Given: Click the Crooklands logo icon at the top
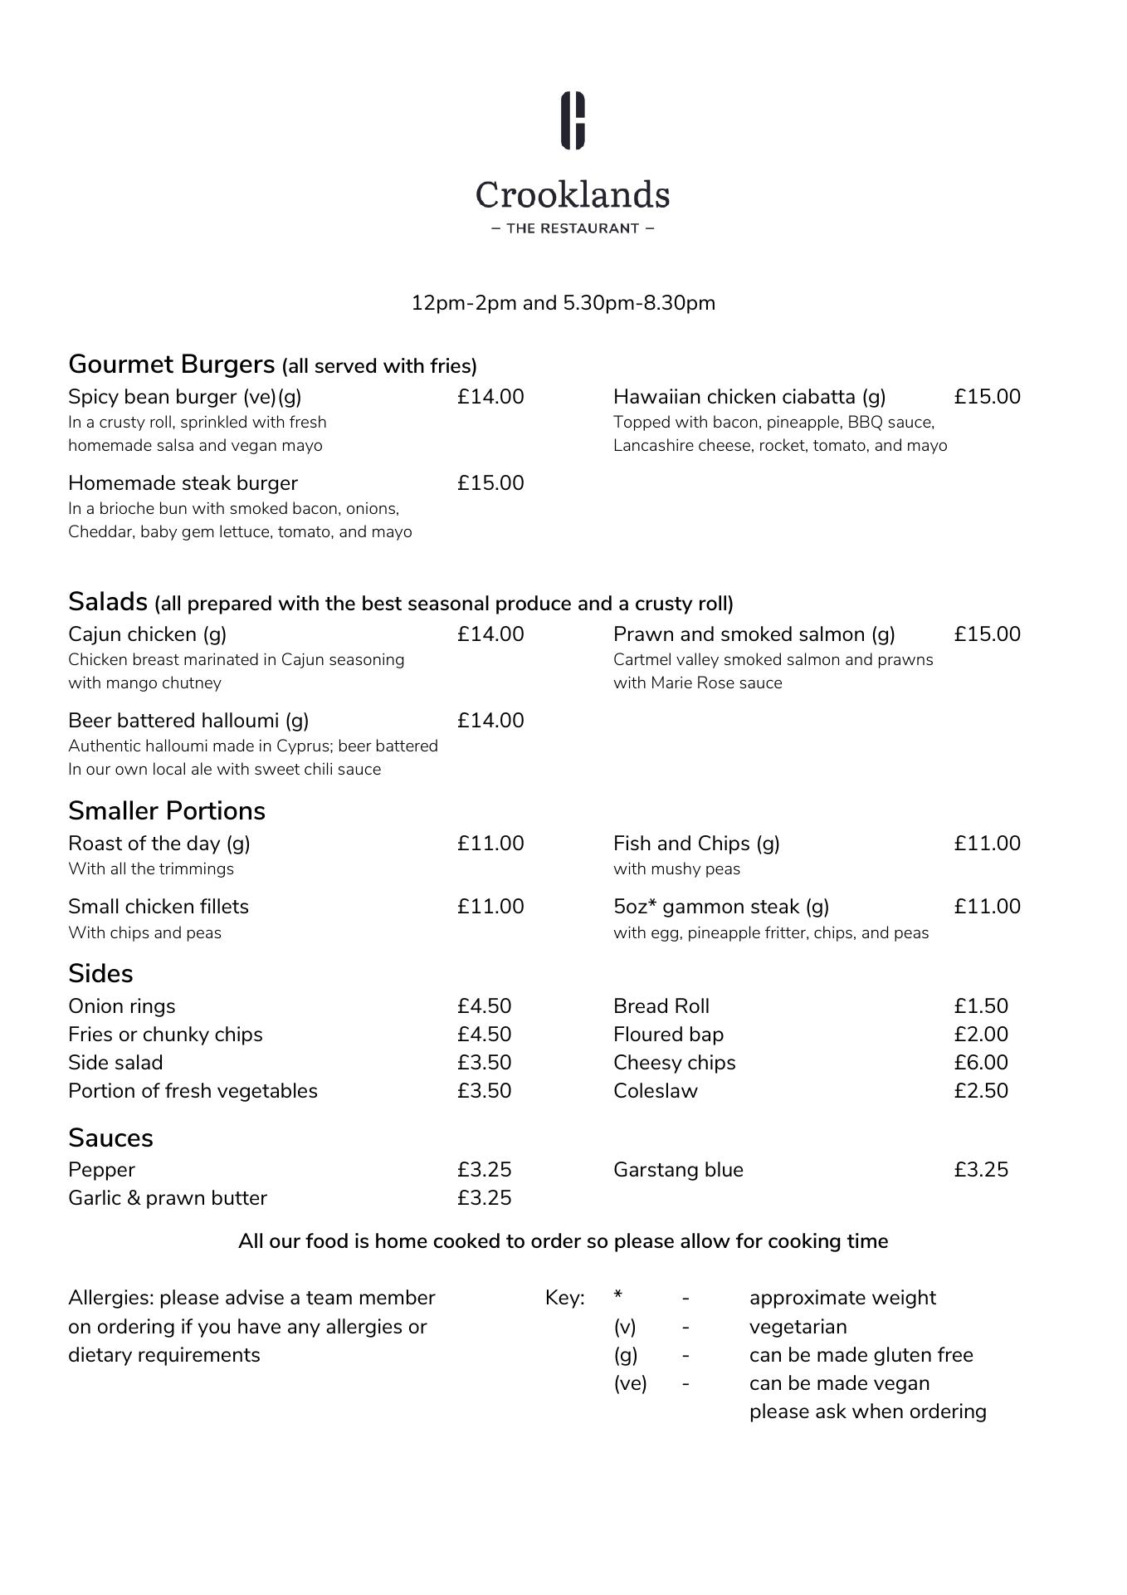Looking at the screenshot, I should point(573,121).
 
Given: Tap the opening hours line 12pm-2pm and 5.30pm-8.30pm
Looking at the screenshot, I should point(563,303).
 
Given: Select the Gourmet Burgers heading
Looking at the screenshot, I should point(171,365).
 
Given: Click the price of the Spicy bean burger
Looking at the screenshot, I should point(490,397).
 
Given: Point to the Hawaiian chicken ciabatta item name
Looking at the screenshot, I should point(749,397).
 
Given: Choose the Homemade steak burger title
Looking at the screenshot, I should point(183,483).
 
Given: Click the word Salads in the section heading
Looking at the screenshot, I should point(108,601).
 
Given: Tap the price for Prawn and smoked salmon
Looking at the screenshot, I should point(987,634).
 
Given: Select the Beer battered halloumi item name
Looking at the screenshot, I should point(188,721).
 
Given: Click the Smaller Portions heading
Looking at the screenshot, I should point(167,811).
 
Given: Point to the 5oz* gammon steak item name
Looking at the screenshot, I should point(721,907).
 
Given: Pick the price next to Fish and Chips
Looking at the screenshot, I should point(987,844).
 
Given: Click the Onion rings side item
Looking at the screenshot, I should point(122,1006).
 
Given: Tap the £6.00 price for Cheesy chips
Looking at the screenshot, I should point(981,1063).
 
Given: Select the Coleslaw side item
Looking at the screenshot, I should point(656,1091).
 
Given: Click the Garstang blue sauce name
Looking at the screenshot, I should point(678,1170).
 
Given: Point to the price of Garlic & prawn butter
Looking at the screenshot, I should point(484,1198).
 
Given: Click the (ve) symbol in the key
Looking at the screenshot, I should point(630,1383).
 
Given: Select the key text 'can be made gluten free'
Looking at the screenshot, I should point(861,1355).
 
